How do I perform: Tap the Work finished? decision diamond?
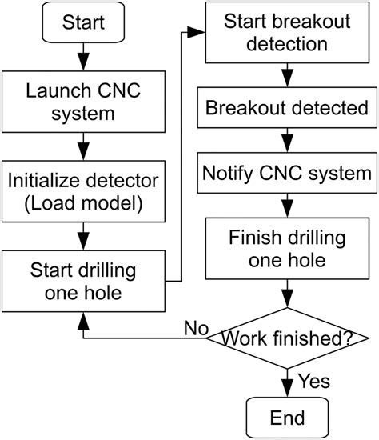[x=286, y=338]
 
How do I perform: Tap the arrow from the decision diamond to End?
[x=286, y=382]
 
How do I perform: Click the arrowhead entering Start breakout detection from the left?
[x=199, y=33]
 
